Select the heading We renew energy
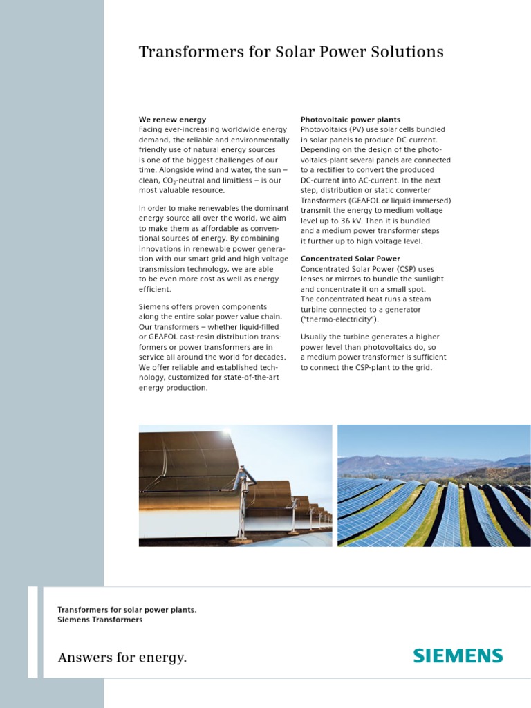pyautogui.click(x=172, y=120)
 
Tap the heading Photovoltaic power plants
pyautogui.click(x=350, y=120)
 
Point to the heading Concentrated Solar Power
pyautogui.click(x=350, y=259)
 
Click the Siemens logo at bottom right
pyautogui.click(x=458, y=655)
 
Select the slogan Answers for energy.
pyautogui.click(x=122, y=658)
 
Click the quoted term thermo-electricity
pyautogui.click(x=339, y=319)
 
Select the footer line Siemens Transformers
pyautogui.click(x=100, y=619)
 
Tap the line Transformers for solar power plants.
pyautogui.click(x=127, y=610)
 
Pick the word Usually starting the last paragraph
pyautogui.click(x=317, y=337)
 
